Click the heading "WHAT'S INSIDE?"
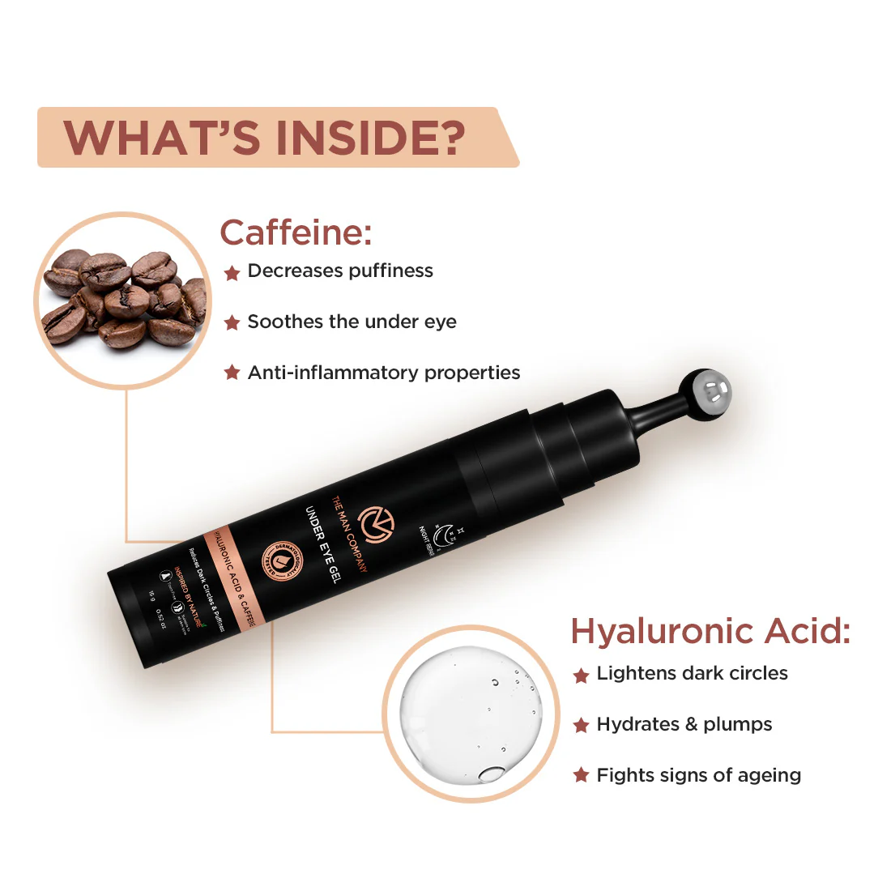264,137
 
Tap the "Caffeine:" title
296,233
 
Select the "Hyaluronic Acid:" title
710,632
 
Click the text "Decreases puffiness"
340,271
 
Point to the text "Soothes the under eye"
352,322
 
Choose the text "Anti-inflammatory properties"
384,373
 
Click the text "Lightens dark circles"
692,674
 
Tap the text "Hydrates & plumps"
684,725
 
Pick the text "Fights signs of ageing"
699,776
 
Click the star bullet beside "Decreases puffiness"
232,273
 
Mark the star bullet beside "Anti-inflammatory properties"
232,373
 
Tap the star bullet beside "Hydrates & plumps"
581,725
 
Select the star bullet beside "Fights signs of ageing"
581,776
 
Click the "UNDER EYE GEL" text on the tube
323,544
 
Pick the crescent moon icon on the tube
443,533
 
